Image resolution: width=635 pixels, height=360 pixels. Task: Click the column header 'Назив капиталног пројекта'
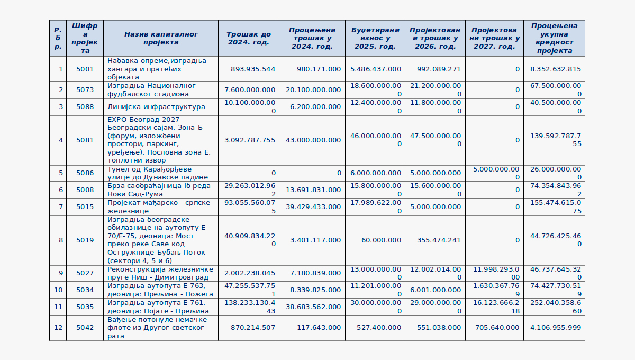pos(160,38)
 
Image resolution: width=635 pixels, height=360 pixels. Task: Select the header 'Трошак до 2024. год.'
pos(248,38)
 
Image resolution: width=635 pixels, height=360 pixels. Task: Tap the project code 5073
pos(85,90)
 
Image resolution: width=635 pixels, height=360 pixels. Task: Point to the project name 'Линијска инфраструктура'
pos(156,107)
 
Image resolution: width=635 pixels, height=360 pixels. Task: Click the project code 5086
pos(85,173)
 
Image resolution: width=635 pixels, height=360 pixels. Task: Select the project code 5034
pos(85,290)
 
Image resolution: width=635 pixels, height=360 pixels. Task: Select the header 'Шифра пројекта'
pos(85,38)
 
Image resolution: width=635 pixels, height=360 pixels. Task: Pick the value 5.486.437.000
pos(376,69)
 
